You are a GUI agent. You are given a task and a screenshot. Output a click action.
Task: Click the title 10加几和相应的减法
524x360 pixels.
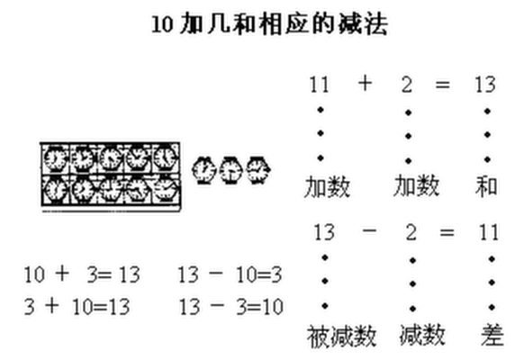pos(270,24)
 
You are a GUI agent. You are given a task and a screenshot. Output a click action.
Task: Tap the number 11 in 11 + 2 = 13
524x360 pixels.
pos(320,85)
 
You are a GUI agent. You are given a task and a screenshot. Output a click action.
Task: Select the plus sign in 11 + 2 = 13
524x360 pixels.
pos(365,83)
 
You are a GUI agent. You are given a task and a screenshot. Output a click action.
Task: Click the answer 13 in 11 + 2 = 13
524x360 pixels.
pos(485,85)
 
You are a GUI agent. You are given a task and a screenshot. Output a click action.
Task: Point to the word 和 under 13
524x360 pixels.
pos(486,186)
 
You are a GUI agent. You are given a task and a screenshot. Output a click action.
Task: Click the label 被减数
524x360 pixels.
pos(341,336)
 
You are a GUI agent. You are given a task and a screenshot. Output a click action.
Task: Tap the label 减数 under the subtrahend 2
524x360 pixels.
pos(422,335)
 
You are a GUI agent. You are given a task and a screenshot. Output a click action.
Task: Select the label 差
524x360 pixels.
pos(492,335)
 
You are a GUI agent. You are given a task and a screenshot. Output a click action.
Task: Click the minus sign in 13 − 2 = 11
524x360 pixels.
pos(369,230)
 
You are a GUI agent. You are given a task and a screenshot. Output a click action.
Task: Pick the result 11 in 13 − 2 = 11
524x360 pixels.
pos(489,232)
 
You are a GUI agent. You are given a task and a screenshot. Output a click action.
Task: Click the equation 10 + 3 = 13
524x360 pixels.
pos(82,274)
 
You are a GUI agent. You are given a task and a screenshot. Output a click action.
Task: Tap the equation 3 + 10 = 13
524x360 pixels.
pos(77,306)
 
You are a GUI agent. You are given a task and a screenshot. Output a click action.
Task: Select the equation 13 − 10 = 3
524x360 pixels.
pos(230,274)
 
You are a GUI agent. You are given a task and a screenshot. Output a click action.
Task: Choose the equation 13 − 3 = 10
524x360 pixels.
pos(230,306)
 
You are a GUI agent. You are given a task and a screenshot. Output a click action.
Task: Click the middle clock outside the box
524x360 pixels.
pos(231,170)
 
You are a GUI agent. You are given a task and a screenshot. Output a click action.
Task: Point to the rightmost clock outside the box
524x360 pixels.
pos(258,169)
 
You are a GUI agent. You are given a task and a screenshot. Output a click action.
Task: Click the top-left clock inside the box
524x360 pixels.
pos(55,158)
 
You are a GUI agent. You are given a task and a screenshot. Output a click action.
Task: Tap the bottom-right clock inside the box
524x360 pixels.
pos(166,190)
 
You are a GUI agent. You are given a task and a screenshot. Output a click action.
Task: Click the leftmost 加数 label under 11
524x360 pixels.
pos(327,187)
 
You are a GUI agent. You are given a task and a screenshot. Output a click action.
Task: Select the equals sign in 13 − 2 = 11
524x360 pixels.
pos(447,232)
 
